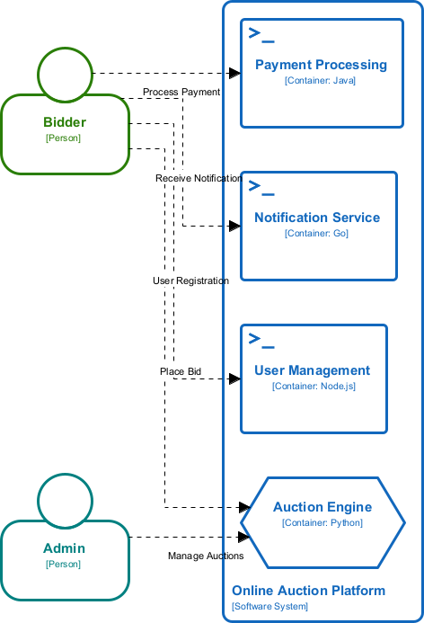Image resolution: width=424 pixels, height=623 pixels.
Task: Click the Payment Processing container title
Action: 321,65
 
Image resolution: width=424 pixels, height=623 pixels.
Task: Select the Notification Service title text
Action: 317,218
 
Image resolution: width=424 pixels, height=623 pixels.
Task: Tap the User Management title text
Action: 312,370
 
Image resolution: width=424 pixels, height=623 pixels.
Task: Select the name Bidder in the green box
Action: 64,122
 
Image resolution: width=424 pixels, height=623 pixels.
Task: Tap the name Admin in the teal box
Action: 64,548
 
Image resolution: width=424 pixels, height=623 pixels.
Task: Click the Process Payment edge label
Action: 181,93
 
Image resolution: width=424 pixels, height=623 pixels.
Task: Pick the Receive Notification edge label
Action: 199,178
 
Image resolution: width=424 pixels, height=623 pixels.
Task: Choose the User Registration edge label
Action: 190,280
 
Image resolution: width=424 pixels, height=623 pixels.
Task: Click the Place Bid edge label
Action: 181,370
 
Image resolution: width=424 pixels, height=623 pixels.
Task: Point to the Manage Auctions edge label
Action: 206,556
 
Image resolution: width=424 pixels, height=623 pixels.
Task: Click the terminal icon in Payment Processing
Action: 261,35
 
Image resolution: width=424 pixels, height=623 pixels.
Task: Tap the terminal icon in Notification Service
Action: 261,188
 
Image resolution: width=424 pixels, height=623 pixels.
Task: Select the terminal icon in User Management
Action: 261,340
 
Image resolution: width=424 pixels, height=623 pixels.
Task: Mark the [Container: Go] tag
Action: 316,234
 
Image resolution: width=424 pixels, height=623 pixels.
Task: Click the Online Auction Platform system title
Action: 308,591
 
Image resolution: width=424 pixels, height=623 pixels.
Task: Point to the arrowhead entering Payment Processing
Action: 235,73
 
